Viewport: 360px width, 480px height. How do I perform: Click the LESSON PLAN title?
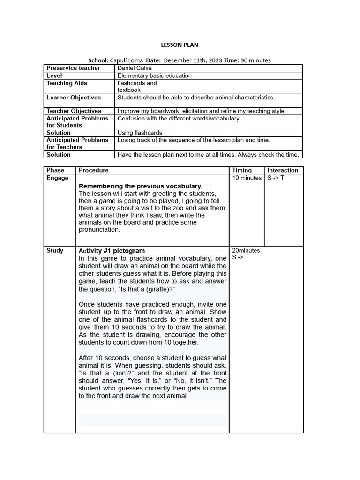click(x=180, y=45)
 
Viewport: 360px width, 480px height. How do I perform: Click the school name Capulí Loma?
click(x=126, y=60)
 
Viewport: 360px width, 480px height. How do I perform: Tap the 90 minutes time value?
click(x=255, y=60)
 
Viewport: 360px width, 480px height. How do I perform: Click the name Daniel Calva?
click(x=135, y=68)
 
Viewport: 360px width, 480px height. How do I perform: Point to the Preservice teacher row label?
click(x=73, y=68)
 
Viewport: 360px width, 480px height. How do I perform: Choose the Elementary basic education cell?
click(x=154, y=75)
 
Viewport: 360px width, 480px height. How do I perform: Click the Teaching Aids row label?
click(x=67, y=83)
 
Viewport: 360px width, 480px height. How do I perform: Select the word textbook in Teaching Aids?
click(x=129, y=90)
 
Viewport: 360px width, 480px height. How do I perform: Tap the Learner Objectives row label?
click(x=74, y=98)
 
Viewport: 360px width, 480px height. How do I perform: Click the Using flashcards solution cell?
click(x=140, y=133)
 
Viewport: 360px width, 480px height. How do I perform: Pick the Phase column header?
click(x=55, y=170)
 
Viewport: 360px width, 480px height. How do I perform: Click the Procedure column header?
click(x=93, y=170)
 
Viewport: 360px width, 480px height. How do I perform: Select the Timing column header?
click(x=242, y=170)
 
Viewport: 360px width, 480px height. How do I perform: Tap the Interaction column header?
click(x=283, y=170)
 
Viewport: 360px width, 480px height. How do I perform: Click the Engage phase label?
click(x=57, y=178)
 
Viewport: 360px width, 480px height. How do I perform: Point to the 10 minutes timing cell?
click(x=247, y=178)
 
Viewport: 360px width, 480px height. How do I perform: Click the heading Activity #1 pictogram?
click(x=112, y=251)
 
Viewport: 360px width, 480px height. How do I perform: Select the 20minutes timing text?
click(x=246, y=250)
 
